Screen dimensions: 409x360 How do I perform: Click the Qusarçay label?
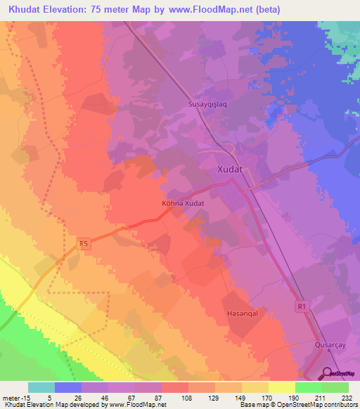pos(331,345)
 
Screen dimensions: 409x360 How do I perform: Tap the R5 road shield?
pos(84,244)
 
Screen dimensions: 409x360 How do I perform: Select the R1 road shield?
pos(301,306)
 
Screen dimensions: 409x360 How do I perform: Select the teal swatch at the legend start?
pos(41,387)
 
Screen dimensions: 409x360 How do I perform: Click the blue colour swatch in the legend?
pos(68,387)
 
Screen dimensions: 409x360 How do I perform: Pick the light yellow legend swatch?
pos(281,387)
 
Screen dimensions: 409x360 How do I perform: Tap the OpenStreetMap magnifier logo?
pos(327,374)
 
